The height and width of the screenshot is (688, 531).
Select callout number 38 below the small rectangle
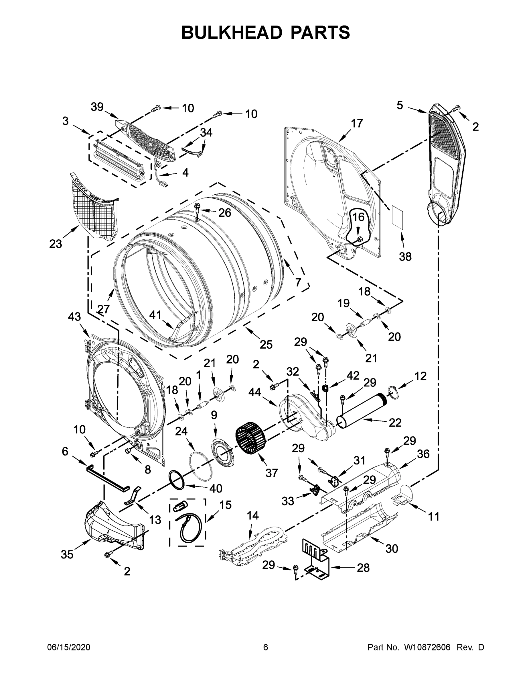click(x=405, y=257)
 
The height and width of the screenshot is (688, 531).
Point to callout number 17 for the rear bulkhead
click(x=357, y=123)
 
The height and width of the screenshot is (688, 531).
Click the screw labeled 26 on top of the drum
click(x=198, y=207)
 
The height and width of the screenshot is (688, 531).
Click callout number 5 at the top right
click(x=400, y=105)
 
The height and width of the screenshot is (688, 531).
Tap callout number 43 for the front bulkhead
click(x=74, y=316)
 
